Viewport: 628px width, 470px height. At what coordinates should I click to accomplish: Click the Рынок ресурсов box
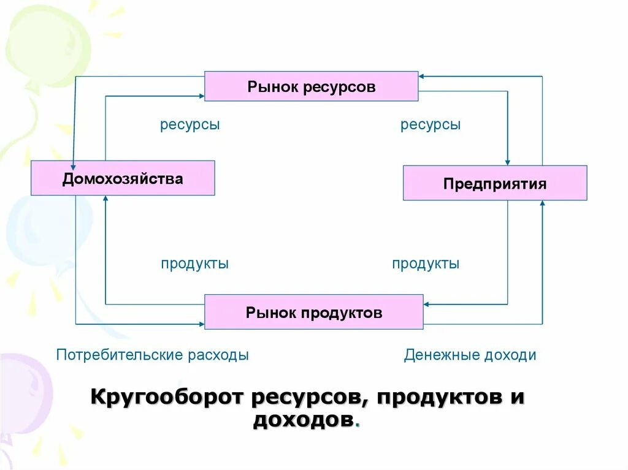click(x=311, y=86)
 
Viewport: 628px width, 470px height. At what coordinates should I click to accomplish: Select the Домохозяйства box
click(x=123, y=178)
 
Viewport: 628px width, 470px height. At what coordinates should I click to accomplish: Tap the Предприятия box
click(x=494, y=183)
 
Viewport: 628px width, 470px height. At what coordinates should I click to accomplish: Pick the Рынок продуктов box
click(x=313, y=312)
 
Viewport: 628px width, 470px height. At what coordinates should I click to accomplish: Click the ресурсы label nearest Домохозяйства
click(x=190, y=125)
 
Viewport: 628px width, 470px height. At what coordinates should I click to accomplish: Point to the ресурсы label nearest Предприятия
click(x=431, y=125)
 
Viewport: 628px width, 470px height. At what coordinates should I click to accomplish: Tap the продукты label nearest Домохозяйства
click(x=194, y=264)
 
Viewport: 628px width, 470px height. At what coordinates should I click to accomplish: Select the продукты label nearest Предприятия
click(x=426, y=264)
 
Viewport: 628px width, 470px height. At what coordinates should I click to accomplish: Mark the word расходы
click(x=218, y=355)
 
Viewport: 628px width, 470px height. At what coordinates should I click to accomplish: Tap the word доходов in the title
click(x=303, y=420)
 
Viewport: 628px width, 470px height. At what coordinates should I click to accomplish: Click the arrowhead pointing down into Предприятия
click(x=508, y=161)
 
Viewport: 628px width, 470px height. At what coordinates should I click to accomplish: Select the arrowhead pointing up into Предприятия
click(x=542, y=205)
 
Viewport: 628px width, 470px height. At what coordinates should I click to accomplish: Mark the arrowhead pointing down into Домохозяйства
click(x=73, y=164)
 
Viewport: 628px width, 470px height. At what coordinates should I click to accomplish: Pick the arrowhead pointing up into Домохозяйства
click(x=105, y=199)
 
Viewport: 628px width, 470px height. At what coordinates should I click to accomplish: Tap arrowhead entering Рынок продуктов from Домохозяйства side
click(x=201, y=324)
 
